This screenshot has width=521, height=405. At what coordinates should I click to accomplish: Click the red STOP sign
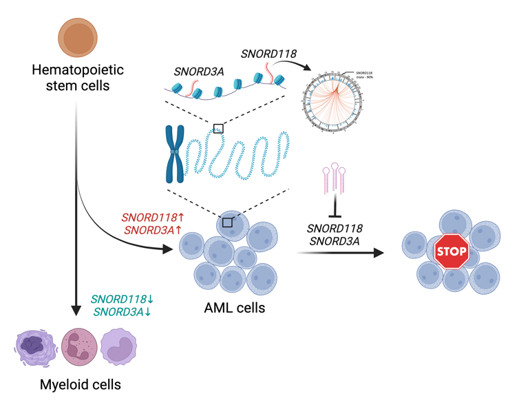click(x=451, y=252)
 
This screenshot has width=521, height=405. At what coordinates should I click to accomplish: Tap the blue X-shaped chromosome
click(x=174, y=154)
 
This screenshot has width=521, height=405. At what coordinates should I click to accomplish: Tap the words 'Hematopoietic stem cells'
click(x=71, y=77)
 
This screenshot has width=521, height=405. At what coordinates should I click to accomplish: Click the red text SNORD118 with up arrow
click(x=153, y=217)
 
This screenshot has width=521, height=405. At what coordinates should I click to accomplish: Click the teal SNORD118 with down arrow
click(x=123, y=300)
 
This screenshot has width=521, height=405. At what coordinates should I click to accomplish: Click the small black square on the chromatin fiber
click(x=218, y=129)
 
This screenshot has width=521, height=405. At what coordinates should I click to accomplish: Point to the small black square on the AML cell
click(x=227, y=222)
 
